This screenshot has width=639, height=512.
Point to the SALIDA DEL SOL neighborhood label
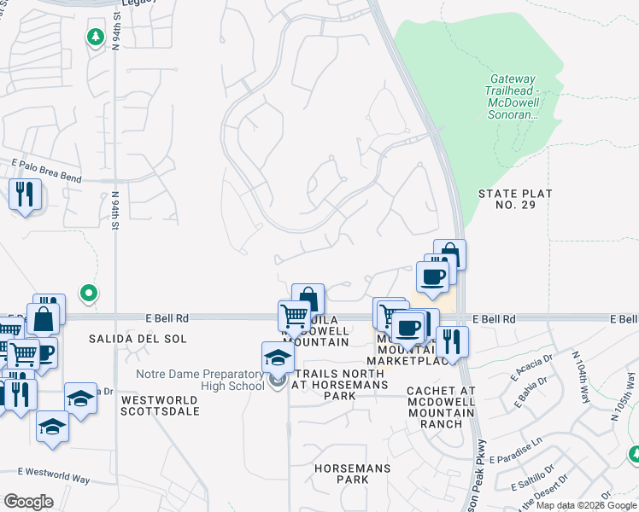coord(138,339)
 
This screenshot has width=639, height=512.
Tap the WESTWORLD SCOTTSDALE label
coord(160,405)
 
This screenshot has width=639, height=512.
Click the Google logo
coord(28,502)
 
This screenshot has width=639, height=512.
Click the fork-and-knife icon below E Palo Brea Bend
coord(25,194)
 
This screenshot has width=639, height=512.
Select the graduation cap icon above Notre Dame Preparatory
coord(278,356)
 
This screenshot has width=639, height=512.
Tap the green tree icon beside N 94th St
coord(95,36)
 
